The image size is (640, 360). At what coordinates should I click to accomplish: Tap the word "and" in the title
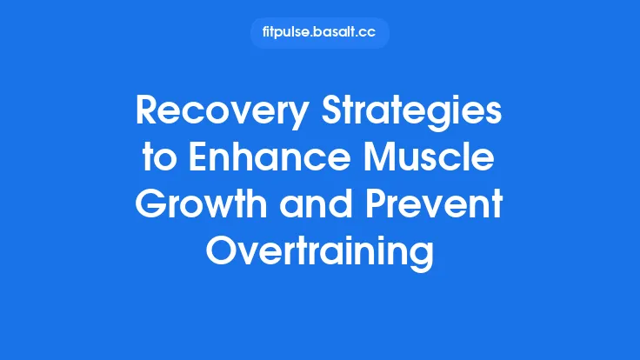pos(326,209)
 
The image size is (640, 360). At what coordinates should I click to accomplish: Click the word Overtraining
pos(320,254)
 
